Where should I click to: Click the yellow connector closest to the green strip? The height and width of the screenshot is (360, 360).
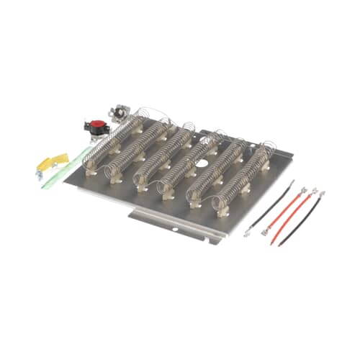(x=60, y=158)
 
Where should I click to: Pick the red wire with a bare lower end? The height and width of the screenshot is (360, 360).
(x=284, y=213)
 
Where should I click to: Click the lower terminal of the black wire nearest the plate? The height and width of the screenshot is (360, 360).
(x=248, y=231)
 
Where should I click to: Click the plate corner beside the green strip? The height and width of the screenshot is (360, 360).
(x=66, y=181)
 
